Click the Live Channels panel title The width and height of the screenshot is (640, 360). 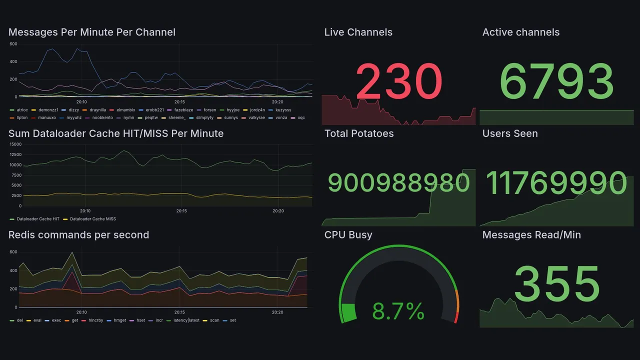358,32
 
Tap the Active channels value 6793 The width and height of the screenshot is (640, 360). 556,82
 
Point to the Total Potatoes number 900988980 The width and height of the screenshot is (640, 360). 398,183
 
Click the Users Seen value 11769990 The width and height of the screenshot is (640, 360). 556,183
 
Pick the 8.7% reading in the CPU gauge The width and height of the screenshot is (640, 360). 398,313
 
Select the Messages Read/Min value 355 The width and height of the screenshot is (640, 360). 556,284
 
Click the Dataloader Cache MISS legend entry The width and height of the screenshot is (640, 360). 92,219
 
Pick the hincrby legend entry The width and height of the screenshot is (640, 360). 95,320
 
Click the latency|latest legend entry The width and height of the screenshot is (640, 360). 186,320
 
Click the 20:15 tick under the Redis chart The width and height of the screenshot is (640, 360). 179,312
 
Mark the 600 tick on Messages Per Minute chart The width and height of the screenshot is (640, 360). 13,44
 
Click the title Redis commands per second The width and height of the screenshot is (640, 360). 78,235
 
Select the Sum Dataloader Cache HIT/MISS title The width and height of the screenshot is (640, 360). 115,133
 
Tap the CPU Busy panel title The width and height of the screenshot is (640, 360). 348,235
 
